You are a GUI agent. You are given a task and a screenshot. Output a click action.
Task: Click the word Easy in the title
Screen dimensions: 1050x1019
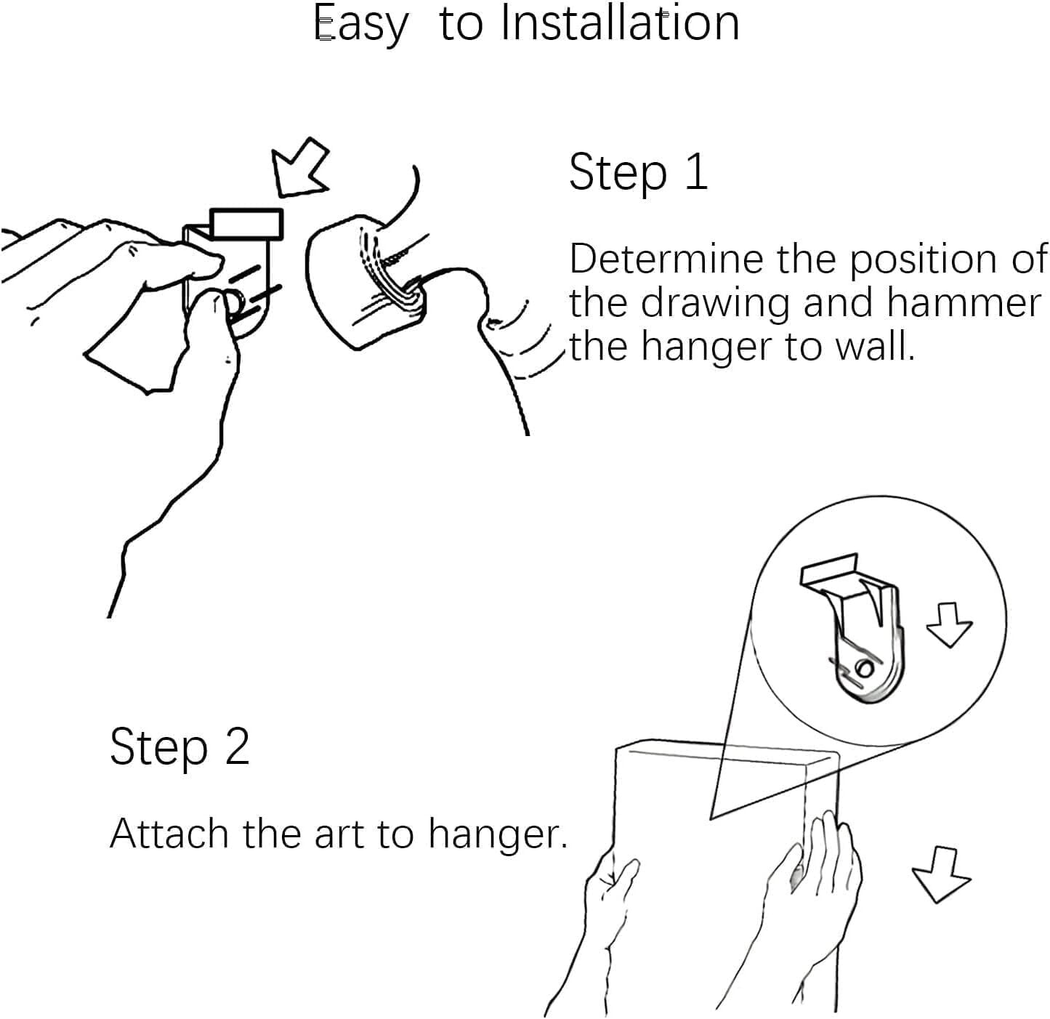(361, 24)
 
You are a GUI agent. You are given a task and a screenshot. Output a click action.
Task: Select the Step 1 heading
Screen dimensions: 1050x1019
(638, 173)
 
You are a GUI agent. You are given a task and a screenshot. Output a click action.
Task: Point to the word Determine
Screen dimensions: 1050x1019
(666, 259)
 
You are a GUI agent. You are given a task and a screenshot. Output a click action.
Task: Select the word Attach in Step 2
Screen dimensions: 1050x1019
(169, 834)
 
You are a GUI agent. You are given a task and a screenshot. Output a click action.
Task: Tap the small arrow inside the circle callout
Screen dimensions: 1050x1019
(949, 625)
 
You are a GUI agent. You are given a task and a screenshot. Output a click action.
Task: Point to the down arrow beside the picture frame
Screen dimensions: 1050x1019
(941, 875)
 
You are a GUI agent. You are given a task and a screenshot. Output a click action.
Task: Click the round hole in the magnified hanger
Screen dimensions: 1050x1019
(865, 669)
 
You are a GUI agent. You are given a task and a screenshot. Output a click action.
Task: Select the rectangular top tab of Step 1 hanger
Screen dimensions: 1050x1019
(246, 223)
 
